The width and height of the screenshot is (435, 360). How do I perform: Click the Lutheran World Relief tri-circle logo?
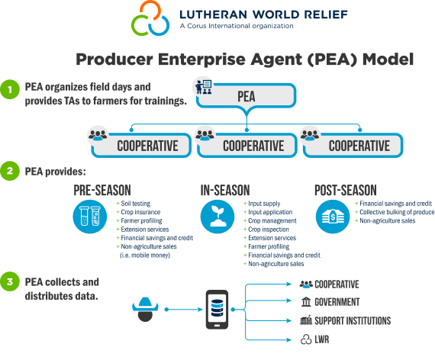(150, 18)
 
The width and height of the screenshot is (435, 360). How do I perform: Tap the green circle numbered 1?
(10, 89)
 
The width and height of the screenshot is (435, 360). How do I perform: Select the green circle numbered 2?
(10, 171)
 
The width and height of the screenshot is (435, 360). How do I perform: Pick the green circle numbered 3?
(10, 281)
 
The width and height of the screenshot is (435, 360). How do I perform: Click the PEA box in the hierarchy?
(246, 95)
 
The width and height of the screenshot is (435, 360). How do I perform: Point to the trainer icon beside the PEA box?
(203, 86)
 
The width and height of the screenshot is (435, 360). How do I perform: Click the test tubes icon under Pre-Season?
(90, 217)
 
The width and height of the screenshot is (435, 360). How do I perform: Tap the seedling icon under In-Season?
(217, 217)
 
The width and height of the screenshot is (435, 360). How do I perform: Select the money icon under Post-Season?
(333, 217)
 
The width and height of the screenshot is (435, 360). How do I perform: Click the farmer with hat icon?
(145, 309)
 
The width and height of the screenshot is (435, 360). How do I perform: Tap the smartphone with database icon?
(217, 310)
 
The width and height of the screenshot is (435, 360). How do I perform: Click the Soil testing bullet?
(134, 204)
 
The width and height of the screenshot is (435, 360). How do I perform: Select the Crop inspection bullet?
(266, 230)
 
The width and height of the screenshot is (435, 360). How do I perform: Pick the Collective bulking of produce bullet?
(395, 212)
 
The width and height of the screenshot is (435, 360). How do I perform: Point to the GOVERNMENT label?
(337, 302)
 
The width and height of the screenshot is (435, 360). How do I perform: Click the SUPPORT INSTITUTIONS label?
(353, 320)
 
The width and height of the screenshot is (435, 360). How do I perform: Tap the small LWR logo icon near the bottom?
(306, 339)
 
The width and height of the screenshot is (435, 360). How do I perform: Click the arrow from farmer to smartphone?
(184, 309)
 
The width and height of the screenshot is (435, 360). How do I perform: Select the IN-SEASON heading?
(225, 190)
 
